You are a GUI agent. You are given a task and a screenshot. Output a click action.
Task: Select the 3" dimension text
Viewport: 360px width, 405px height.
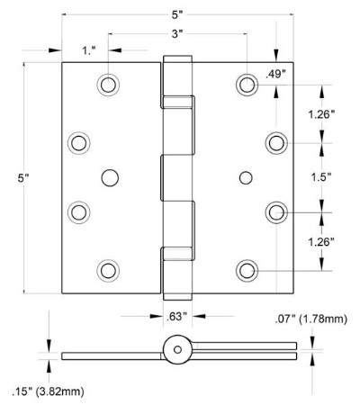[x=179, y=34]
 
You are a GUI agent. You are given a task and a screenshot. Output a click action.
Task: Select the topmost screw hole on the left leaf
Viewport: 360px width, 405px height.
[x=110, y=85]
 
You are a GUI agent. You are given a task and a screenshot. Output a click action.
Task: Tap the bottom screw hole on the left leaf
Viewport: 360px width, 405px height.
[x=110, y=270]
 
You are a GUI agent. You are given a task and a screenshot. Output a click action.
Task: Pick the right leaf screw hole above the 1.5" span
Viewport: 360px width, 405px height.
[x=276, y=142]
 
